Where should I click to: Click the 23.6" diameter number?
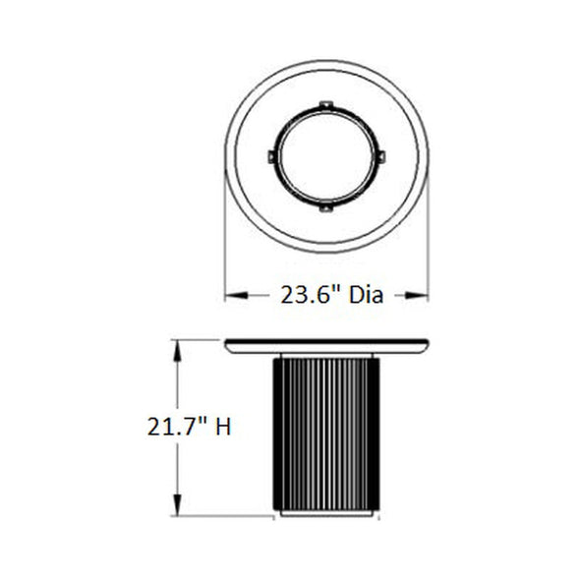tap(310, 295)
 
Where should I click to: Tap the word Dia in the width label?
tap(367, 295)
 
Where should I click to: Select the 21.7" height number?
tap(176, 427)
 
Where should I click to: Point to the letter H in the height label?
tap(223, 427)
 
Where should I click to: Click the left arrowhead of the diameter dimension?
tap(236, 295)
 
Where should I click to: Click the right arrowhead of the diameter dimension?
tap(417, 295)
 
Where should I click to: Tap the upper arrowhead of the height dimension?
tap(178, 351)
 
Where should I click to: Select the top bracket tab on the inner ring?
tap(326, 105)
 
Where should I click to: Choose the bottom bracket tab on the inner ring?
tap(325, 207)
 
